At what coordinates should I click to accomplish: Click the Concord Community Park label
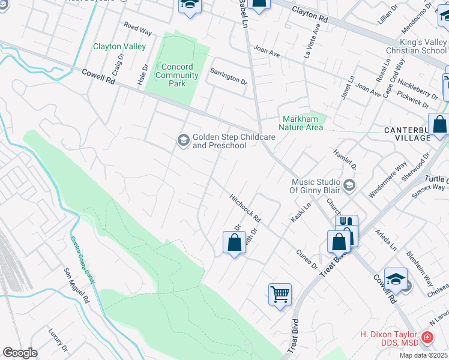177,75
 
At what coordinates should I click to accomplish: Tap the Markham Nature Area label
301,123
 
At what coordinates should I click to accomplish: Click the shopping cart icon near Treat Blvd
280,294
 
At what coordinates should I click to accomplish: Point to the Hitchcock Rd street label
246,207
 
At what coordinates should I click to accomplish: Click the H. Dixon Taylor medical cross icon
427,338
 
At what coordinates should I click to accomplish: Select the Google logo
20,353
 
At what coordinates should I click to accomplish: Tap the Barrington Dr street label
228,76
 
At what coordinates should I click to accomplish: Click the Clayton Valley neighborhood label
119,46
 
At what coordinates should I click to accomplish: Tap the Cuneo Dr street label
306,260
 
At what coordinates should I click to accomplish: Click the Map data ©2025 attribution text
424,355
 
